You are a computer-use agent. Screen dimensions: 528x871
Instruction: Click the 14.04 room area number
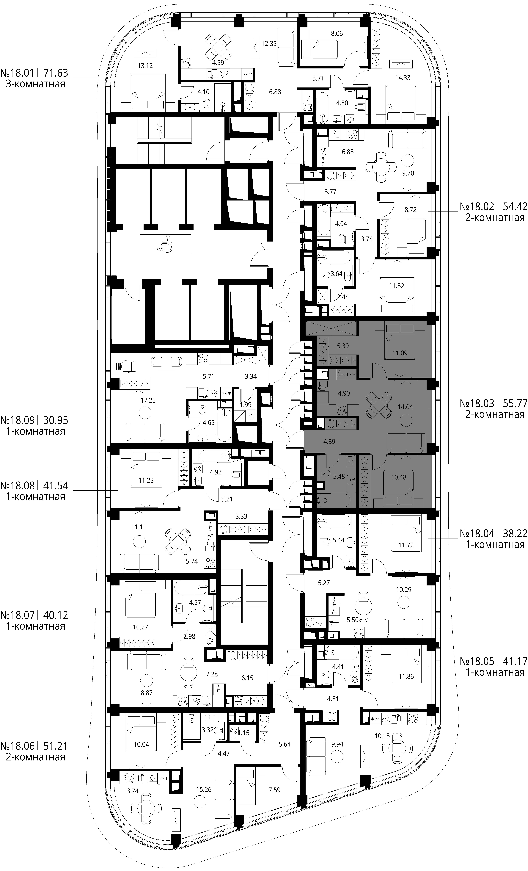(405, 407)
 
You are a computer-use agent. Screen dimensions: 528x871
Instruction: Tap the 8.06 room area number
(336, 34)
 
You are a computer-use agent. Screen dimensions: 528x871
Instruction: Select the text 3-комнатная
(35, 84)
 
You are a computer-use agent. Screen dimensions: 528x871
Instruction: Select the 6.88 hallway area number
(275, 92)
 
